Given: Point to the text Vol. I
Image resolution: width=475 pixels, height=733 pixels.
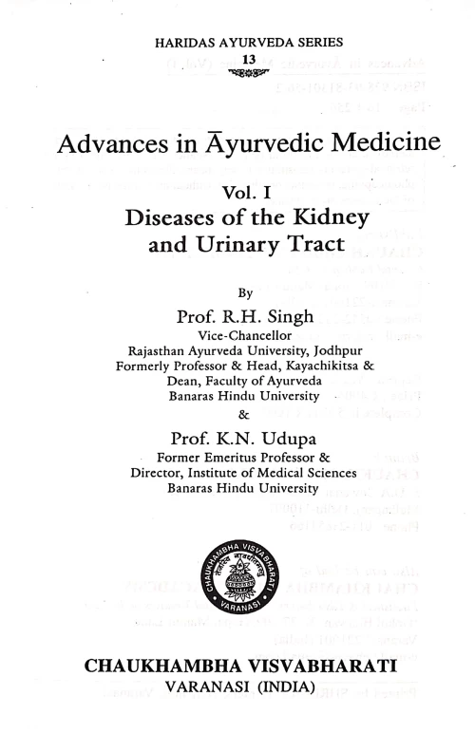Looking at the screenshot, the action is coord(246,193).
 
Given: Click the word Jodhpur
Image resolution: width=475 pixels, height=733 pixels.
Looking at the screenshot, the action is coord(335,350).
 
